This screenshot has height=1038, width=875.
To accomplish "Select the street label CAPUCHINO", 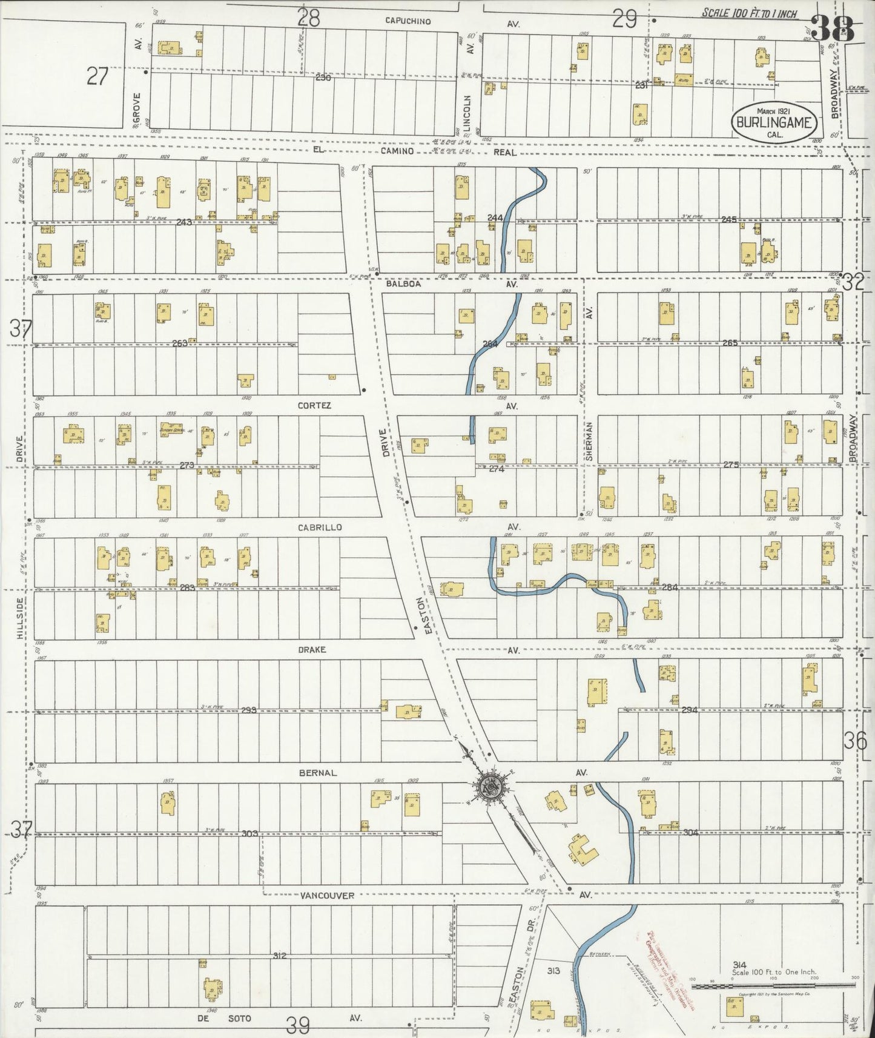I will (x=408, y=21).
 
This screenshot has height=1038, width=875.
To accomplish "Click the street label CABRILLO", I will (x=319, y=527).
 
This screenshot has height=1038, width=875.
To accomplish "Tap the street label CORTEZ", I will (x=314, y=406).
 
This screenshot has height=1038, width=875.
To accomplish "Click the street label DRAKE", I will (x=312, y=650).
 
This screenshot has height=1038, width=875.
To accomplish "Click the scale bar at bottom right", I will (x=774, y=987).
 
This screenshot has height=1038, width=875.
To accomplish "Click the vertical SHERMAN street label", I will (x=589, y=443).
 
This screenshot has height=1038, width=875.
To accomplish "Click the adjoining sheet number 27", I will (x=97, y=77).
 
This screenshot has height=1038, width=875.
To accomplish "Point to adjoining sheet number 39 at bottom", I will (x=298, y=1025).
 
